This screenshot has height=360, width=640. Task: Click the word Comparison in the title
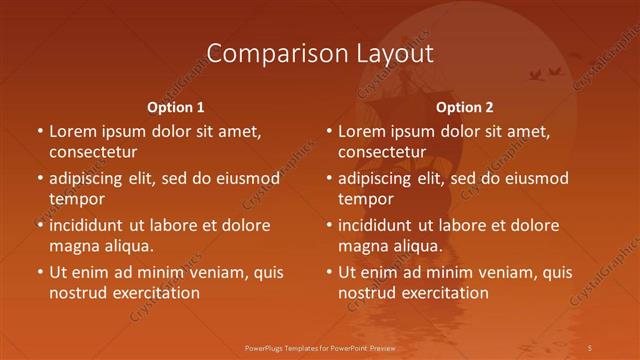click(266, 53)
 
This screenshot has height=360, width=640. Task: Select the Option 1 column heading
click(176, 107)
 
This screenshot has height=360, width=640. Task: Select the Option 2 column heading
click(465, 107)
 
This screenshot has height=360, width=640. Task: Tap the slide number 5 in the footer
click(591, 347)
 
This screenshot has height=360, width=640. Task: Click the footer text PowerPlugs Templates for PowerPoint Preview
click(319, 347)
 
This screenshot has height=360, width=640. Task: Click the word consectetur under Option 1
click(93, 152)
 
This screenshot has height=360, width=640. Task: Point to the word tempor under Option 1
click(77, 199)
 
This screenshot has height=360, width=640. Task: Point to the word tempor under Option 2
click(366, 199)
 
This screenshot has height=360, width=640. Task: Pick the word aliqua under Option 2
click(416, 246)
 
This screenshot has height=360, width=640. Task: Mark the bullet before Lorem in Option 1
click(39, 132)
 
